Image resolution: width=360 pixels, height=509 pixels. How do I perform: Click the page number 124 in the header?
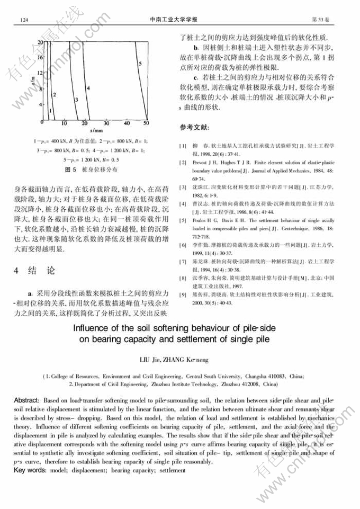(x=23, y=20)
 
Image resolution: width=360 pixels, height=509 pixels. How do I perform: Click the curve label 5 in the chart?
(x=140, y=64)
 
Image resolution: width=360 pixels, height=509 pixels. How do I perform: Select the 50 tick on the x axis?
(x=147, y=123)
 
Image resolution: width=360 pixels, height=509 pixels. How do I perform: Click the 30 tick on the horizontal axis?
(x=105, y=123)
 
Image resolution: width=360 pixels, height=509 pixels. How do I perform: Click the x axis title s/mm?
(x=95, y=130)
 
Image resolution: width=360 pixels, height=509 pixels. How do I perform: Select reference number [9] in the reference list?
(x=183, y=293)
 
